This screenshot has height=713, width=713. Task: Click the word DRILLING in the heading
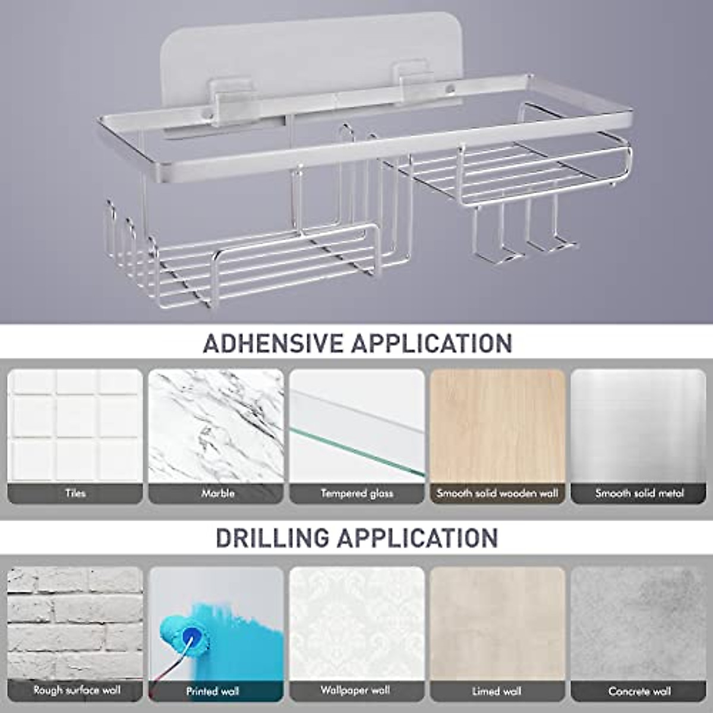click(272, 538)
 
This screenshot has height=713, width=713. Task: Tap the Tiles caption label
click(75, 493)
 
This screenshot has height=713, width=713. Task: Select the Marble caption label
click(217, 493)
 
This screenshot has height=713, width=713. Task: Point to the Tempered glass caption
click(357, 493)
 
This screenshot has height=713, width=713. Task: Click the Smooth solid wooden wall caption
click(497, 493)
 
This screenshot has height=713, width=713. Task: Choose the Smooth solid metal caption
click(639, 493)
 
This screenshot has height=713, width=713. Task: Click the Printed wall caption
click(213, 692)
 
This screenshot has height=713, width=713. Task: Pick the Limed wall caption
click(497, 692)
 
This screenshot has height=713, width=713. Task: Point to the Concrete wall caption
click(639, 692)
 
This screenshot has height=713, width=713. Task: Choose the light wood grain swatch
click(497, 425)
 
